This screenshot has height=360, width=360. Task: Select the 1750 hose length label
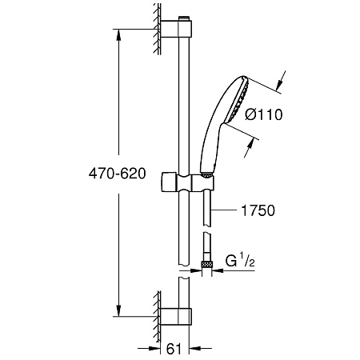(257, 211)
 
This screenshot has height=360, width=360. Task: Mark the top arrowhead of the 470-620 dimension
(119, 36)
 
